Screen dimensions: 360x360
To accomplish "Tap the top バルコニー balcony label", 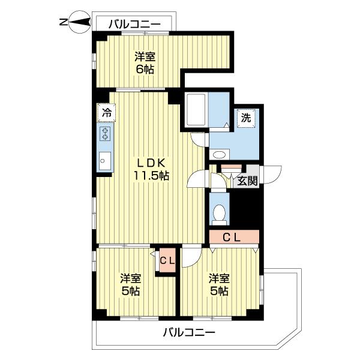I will (x=134, y=25).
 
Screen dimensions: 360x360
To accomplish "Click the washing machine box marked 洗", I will (x=245, y=118).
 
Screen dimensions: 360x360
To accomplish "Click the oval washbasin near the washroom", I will (x=220, y=155).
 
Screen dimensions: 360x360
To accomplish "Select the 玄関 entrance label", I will (x=247, y=180).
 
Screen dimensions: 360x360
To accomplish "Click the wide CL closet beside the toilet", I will (x=233, y=237).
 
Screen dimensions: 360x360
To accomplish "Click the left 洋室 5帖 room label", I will (x=130, y=284).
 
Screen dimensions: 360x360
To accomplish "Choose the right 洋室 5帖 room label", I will (x=219, y=284).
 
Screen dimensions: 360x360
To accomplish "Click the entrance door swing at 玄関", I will (x=270, y=174).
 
